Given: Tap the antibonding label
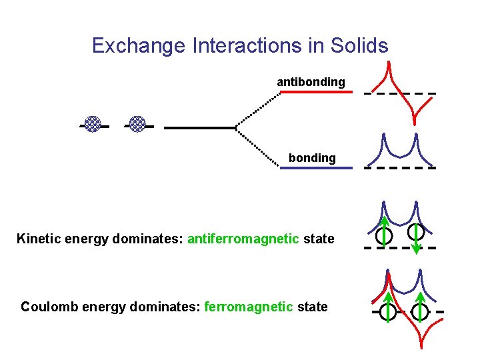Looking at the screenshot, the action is (311, 82).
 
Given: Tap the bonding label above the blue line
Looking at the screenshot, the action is (312, 158).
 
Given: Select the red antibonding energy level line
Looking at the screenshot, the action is (314, 92).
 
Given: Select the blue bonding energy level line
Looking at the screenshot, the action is (315, 168).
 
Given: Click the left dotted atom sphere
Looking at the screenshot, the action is (93, 124).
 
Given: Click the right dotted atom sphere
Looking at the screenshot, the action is (137, 124).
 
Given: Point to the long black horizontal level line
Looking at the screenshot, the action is (200, 127).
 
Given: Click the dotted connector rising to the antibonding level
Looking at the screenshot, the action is (259, 109).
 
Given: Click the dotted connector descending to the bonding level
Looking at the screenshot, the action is (259, 147).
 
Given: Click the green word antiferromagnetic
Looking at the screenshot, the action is (243, 239).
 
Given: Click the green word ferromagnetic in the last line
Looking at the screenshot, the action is (249, 307).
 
